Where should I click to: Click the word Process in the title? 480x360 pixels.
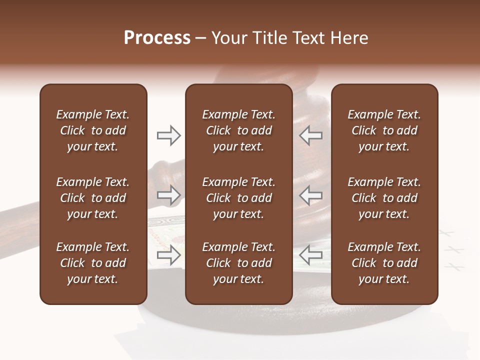(x=157, y=38)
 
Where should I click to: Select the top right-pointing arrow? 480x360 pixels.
(x=168, y=135)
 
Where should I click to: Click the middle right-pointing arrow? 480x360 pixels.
(x=168, y=195)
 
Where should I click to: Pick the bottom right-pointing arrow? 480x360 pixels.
(x=168, y=255)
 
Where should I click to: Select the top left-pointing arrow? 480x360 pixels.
(x=311, y=135)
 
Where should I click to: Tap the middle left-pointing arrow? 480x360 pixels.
(x=311, y=195)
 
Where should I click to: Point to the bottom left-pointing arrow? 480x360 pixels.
(x=311, y=255)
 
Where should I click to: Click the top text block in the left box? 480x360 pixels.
(x=93, y=130)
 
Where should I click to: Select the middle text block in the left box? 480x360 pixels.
(x=93, y=198)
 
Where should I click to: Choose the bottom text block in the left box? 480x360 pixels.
(x=93, y=263)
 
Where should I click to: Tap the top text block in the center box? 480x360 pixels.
(x=238, y=130)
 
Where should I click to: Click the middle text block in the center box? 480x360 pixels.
(x=238, y=198)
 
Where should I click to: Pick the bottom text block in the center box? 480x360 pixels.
(x=238, y=263)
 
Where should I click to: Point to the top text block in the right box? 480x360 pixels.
(x=384, y=130)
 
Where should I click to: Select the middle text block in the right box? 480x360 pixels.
(x=384, y=198)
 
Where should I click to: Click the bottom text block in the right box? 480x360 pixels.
(x=384, y=263)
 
